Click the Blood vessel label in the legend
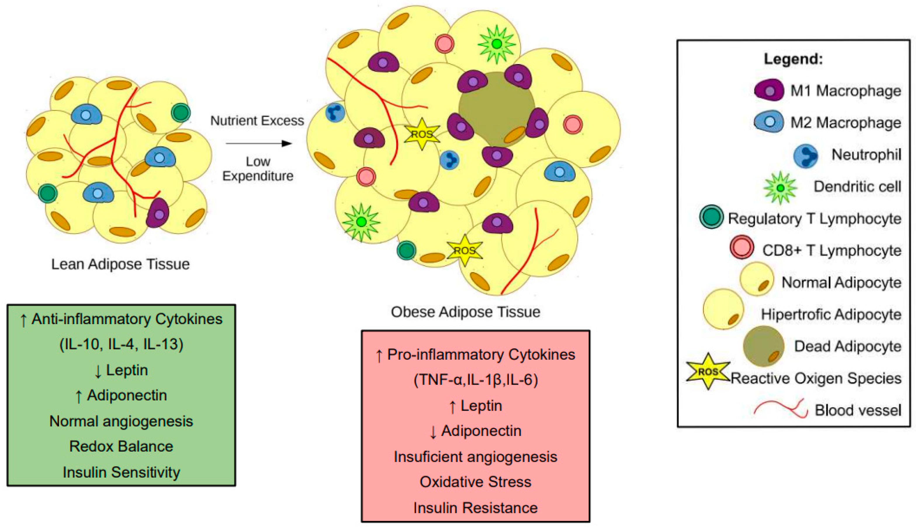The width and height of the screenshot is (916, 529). point(858,410)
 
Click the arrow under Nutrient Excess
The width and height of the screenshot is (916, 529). point(259,144)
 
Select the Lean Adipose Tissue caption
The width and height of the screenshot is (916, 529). point(120,264)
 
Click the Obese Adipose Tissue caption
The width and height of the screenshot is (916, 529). point(465,312)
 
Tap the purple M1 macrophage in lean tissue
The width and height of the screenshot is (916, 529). point(158,213)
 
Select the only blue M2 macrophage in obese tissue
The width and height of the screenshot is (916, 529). point(559,172)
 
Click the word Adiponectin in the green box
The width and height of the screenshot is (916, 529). point(127,395)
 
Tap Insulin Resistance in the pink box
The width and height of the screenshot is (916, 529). point(475,508)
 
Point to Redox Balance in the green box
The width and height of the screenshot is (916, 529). point(121,446)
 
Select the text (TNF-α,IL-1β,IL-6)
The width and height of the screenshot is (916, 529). point(475,380)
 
